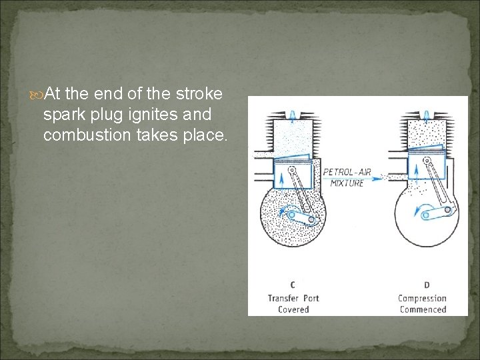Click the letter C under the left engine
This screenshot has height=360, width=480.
[x=293, y=285]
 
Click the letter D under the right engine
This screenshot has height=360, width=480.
[x=427, y=285]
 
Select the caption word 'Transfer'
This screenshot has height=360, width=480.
[x=284, y=298]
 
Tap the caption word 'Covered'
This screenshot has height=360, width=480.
[x=293, y=309]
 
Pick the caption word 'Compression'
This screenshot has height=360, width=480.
[x=422, y=298]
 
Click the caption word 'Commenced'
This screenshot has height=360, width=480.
[x=422, y=309]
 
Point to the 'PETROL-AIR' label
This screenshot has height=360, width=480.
[x=348, y=172]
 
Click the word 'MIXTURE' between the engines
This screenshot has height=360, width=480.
[x=347, y=183]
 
